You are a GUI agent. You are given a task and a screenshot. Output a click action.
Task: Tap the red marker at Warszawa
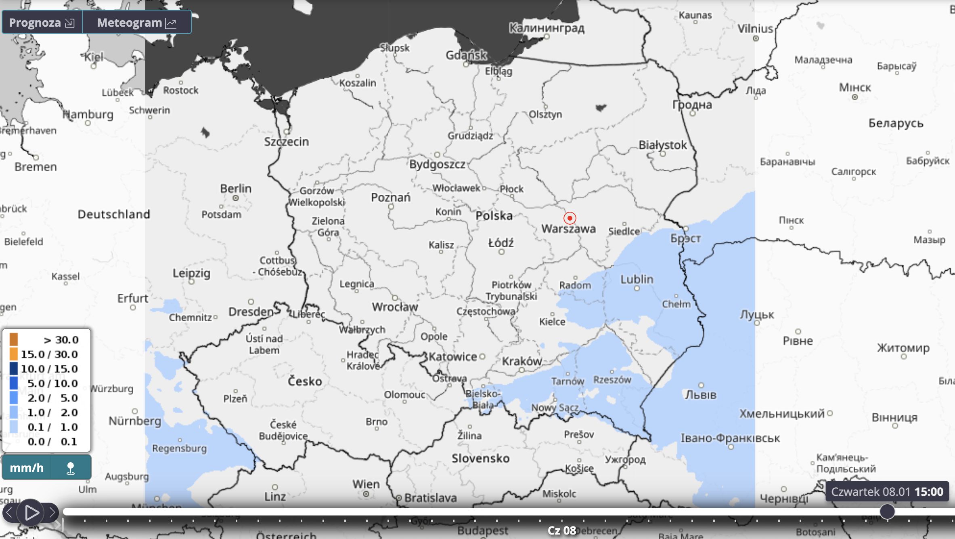[570, 218]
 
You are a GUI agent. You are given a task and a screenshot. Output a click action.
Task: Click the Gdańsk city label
[466, 55]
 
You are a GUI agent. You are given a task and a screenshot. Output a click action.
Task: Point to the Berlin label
[236, 189]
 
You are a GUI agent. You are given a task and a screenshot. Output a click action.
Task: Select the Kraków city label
[521, 361]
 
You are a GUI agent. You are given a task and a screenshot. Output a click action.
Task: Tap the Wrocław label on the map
[395, 307]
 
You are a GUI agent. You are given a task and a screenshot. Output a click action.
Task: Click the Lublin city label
[637, 279]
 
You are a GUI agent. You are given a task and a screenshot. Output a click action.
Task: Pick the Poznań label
[390, 198]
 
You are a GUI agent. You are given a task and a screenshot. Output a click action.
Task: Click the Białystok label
[662, 145]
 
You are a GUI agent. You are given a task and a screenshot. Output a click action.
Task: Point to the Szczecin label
[286, 142]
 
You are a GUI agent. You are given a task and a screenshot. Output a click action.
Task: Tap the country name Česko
[305, 381]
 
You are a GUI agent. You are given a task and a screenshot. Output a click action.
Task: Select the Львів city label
[700, 395]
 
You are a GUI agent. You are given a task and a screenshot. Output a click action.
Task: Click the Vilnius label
[755, 29]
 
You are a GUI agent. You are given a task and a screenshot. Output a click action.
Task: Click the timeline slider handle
[887, 512]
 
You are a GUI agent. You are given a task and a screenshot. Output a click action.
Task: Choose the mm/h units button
[27, 468]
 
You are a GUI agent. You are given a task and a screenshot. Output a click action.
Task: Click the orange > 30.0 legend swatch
[14, 339]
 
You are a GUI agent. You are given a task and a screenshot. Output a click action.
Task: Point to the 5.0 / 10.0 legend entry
[52, 383]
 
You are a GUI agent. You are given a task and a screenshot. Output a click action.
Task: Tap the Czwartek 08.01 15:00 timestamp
[887, 492]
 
